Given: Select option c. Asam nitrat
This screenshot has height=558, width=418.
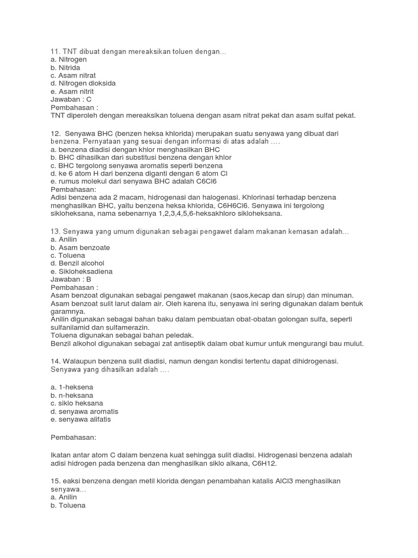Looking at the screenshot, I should pyautogui.click(x=73, y=75).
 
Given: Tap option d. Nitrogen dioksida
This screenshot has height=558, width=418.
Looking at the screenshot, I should pyautogui.click(x=83, y=83).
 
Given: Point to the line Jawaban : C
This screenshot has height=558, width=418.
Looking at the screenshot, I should pyautogui.click(x=71, y=99).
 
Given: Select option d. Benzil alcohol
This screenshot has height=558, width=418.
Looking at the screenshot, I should pyautogui.click(x=77, y=263).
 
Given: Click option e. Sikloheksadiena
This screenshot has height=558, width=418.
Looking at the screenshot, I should pyautogui.click(x=81, y=271).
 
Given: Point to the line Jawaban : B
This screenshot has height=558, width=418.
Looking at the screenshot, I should pyautogui.click(x=71, y=279).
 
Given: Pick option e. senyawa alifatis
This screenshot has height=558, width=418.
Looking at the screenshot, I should pyautogui.click(x=81, y=420).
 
